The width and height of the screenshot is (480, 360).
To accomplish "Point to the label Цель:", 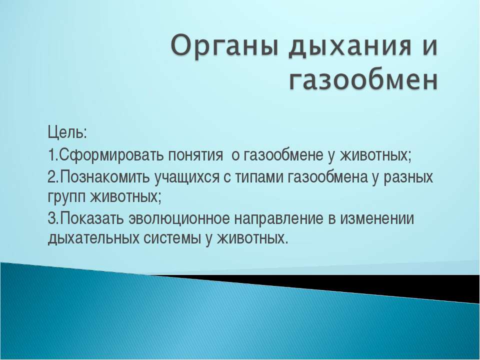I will [67, 134].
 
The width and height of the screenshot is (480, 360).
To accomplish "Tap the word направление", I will [280, 218].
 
